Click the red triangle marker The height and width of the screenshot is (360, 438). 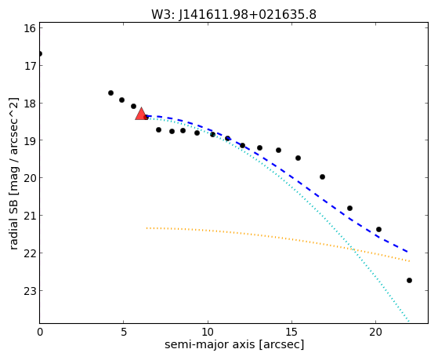coord(141,115)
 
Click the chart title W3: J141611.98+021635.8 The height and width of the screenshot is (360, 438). coord(233,15)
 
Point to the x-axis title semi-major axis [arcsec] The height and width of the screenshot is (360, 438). coord(234,344)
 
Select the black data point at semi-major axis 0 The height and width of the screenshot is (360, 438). coord(40,53)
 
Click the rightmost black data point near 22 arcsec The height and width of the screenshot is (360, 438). coord(409,280)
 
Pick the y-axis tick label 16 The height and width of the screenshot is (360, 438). coord(29,28)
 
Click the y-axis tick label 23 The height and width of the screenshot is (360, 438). coord(29,291)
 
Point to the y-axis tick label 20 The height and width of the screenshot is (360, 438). coord(29,178)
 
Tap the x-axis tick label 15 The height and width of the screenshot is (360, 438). coord(291,332)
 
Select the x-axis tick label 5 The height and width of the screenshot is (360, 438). coord(124,332)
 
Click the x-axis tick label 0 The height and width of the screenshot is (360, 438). coord(40,332)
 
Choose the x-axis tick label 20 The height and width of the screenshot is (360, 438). coord(375,332)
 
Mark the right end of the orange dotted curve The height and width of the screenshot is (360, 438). coord(409,261)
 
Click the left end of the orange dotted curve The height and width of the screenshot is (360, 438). coord(147,228)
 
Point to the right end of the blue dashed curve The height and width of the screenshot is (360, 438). coord(408,252)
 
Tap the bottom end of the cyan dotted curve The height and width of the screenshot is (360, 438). coord(409,321)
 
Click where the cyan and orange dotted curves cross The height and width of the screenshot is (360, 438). coord(353,249)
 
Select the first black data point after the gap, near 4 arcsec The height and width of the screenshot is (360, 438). coord(111,93)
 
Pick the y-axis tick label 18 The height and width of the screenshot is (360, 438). coord(29,104)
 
